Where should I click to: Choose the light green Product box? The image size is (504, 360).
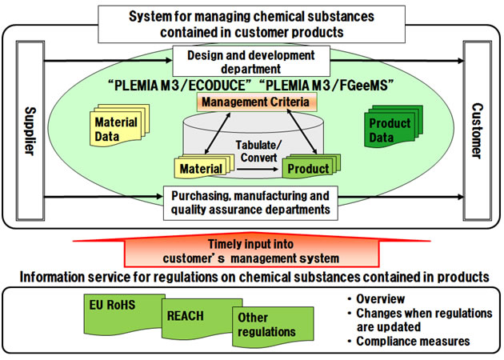pyautogui.click(x=308, y=168)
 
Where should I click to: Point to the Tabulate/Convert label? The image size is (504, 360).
pyautogui.click(x=256, y=150)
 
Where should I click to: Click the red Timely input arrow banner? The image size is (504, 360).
pyautogui.click(x=251, y=250)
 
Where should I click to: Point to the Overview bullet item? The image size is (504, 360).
pyautogui.click(x=383, y=298)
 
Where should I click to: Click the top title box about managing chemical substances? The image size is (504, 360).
pyautogui.click(x=251, y=22)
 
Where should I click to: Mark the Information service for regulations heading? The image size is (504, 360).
pyautogui.click(x=251, y=277)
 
